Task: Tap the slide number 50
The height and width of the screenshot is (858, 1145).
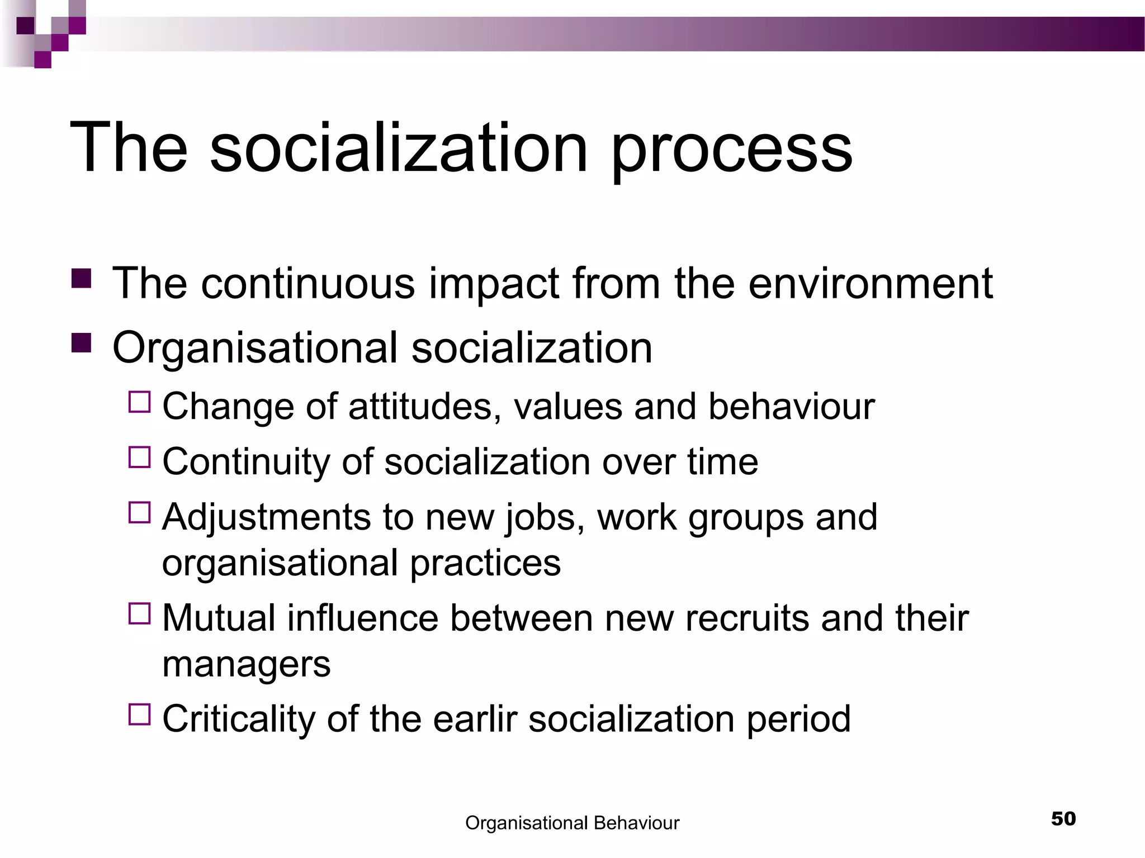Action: tap(1063, 819)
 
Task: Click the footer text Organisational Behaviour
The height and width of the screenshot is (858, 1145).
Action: tap(572, 823)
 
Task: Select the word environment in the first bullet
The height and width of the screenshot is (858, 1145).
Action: tap(870, 284)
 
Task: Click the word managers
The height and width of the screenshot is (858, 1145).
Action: tap(246, 665)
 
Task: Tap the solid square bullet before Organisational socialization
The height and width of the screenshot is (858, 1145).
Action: tap(82, 343)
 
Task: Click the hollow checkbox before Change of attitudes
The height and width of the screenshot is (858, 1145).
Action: tap(140, 402)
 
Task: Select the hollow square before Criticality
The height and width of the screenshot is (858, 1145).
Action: tap(140, 714)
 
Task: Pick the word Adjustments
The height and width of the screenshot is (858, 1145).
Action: tap(266, 517)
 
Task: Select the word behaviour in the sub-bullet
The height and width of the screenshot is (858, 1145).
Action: tap(791, 407)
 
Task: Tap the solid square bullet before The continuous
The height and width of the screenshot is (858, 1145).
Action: tap(82, 278)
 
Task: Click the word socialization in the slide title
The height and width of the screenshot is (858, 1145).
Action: tap(399, 149)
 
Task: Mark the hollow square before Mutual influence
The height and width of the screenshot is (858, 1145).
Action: tap(140, 613)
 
